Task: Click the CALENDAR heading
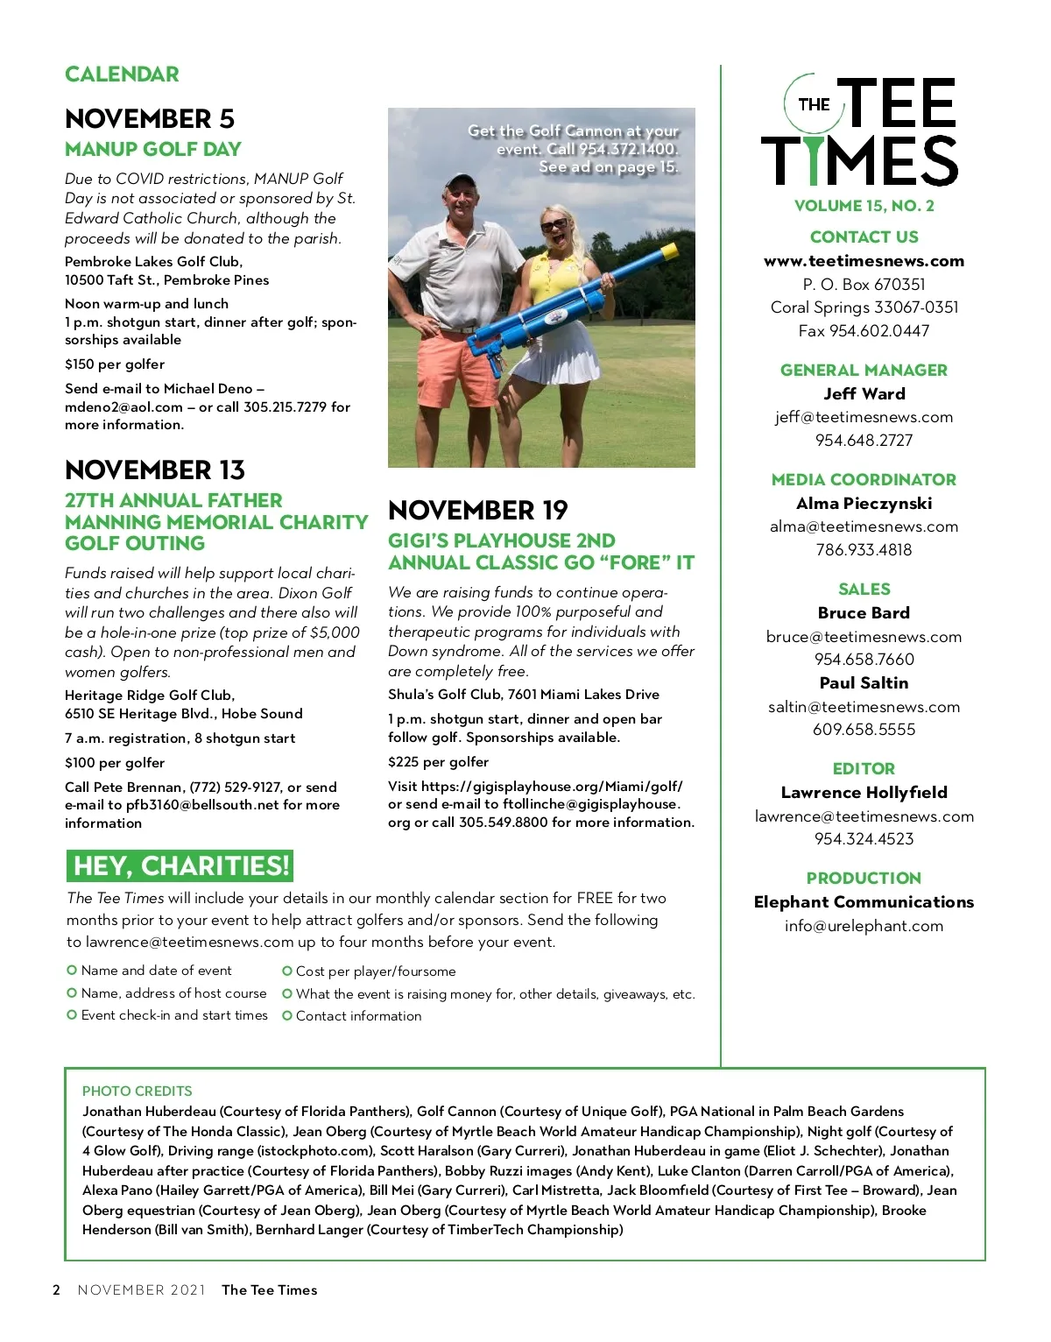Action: [x=122, y=74]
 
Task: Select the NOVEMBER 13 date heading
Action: [x=155, y=470]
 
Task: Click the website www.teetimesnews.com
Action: [x=864, y=261]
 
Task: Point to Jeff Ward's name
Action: [x=864, y=394]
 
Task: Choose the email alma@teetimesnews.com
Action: [x=864, y=526]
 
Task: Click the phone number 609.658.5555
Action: [x=864, y=730]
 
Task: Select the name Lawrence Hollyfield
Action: [x=864, y=793]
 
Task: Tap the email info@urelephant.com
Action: [x=864, y=926]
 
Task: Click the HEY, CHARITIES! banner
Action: [x=180, y=865]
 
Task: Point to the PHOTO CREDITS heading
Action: [x=138, y=1091]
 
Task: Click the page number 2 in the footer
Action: [x=57, y=1289]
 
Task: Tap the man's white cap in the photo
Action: [x=460, y=181]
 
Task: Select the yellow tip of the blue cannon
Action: [x=669, y=252]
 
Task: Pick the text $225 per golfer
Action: [x=438, y=762]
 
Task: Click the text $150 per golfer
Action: [x=115, y=364]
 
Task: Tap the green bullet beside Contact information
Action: [x=286, y=1016]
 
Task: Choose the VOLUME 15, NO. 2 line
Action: [x=864, y=206]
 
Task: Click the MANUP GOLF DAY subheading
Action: [x=153, y=149]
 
